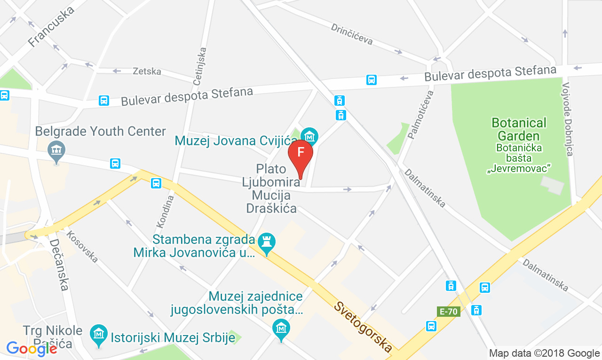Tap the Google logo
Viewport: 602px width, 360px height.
click(x=32, y=348)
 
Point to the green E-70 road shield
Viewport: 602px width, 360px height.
click(x=448, y=311)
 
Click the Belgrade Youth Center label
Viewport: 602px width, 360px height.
click(x=101, y=131)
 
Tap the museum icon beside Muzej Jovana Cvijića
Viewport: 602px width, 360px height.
click(x=309, y=137)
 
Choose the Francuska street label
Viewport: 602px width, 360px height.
click(x=51, y=27)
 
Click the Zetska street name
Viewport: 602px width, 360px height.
click(x=147, y=71)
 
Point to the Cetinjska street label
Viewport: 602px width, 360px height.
click(x=199, y=66)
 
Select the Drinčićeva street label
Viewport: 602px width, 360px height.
click(x=352, y=34)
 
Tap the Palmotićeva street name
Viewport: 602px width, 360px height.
click(x=421, y=115)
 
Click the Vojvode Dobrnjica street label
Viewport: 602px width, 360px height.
click(x=568, y=119)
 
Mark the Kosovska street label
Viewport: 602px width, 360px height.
click(x=82, y=247)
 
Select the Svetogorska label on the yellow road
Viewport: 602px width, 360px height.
click(x=363, y=327)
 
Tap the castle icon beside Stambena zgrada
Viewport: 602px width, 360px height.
click(x=267, y=243)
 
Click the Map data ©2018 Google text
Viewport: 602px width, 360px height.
click(x=544, y=353)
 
